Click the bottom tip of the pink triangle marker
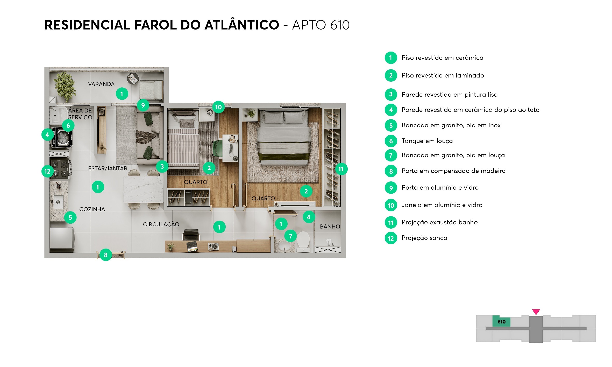click(x=536, y=315)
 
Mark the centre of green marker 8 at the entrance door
click(x=106, y=255)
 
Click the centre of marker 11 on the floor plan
click(x=341, y=169)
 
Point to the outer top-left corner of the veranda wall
click(x=45, y=67)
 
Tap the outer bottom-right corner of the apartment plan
click(x=346, y=257)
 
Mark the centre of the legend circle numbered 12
click(x=391, y=238)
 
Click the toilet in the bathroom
click(x=303, y=242)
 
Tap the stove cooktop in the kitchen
click(x=61, y=169)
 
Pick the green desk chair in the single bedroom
click(x=218, y=148)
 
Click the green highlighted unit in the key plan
click(x=501, y=322)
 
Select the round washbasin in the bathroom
click(x=284, y=246)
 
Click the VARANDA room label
click(x=101, y=84)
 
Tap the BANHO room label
click(x=330, y=227)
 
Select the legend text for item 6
click(x=427, y=141)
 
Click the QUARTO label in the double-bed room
click(x=263, y=199)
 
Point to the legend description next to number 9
click(x=440, y=187)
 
